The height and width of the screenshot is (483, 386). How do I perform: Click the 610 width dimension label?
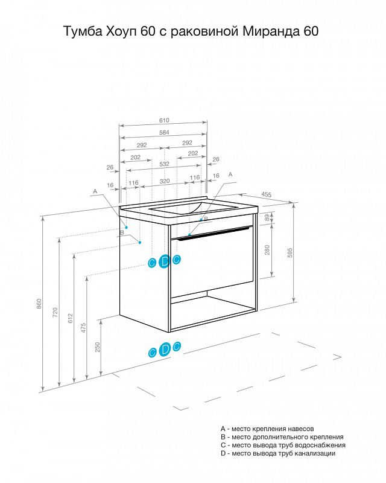(x=164, y=120)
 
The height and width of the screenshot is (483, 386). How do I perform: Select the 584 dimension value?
(x=164, y=132)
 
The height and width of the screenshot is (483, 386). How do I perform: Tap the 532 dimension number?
(x=165, y=164)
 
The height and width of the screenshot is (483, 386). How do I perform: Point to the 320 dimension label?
(x=165, y=181)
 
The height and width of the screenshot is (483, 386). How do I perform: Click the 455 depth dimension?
(x=267, y=194)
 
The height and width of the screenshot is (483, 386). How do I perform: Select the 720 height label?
(x=55, y=312)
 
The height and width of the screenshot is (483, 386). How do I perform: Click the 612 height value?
(x=71, y=318)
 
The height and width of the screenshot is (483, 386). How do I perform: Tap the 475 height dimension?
(x=83, y=328)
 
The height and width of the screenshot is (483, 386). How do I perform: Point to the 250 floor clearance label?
(x=98, y=347)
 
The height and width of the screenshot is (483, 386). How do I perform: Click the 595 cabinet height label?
(x=289, y=252)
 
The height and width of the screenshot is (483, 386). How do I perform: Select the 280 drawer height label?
(x=267, y=250)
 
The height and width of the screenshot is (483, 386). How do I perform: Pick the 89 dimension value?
(x=267, y=217)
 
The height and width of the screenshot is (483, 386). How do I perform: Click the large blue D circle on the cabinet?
(x=165, y=261)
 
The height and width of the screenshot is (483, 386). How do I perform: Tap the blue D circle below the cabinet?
(x=165, y=350)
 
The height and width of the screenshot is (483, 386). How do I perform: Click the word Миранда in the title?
(x=268, y=31)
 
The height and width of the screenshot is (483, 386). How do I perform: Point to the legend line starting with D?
(x=278, y=453)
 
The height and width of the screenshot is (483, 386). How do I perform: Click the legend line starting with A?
(x=267, y=429)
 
